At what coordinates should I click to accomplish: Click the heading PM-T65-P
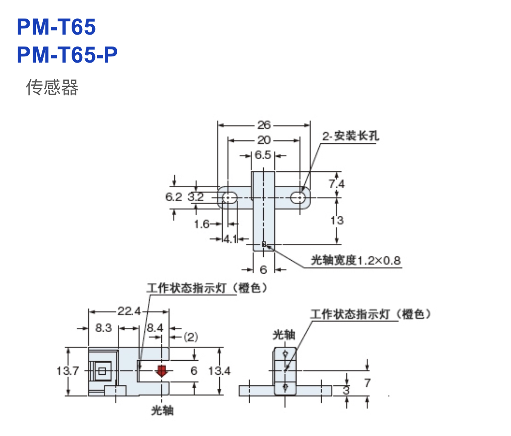pyautogui.click(x=67, y=54)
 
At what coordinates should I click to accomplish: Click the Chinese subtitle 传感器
pyautogui.click(x=52, y=87)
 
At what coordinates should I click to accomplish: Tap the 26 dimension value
pyautogui.click(x=264, y=125)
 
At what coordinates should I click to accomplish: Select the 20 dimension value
pyautogui.click(x=264, y=140)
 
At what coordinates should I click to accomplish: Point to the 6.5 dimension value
pyautogui.click(x=263, y=155)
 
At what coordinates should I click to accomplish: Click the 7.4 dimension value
pyautogui.click(x=337, y=184)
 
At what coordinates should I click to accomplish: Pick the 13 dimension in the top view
pyautogui.click(x=337, y=220)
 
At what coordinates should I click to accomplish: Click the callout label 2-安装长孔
pyautogui.click(x=350, y=136)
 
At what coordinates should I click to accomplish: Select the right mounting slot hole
pyautogui.click(x=298, y=198)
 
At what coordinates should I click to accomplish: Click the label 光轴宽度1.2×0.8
pyautogui.click(x=355, y=260)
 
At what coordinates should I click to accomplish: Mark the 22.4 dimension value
pyautogui.click(x=129, y=311)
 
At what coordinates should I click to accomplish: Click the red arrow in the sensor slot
pyautogui.click(x=162, y=371)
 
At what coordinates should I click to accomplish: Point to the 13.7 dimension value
pyautogui.click(x=67, y=371)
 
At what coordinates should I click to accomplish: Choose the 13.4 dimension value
pyautogui.click(x=219, y=371)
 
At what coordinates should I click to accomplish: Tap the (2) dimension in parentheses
pyautogui.click(x=190, y=337)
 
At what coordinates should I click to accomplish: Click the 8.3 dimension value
pyautogui.click(x=103, y=328)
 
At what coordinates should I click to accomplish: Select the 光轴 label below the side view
pyautogui.click(x=162, y=410)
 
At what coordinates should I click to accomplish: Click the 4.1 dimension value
pyautogui.click(x=230, y=238)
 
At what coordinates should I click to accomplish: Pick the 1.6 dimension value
pyautogui.click(x=202, y=224)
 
